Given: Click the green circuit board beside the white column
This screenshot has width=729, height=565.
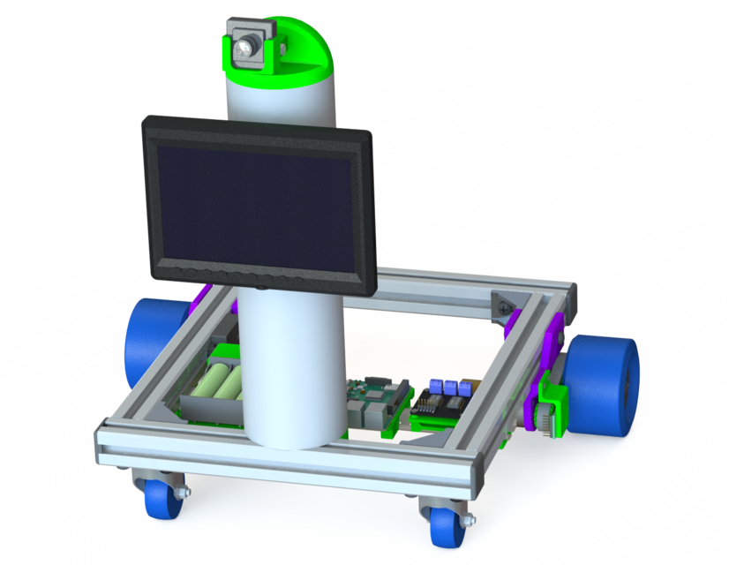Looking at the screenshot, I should [x=374, y=402].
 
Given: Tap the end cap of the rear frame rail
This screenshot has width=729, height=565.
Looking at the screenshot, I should [x=572, y=298].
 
